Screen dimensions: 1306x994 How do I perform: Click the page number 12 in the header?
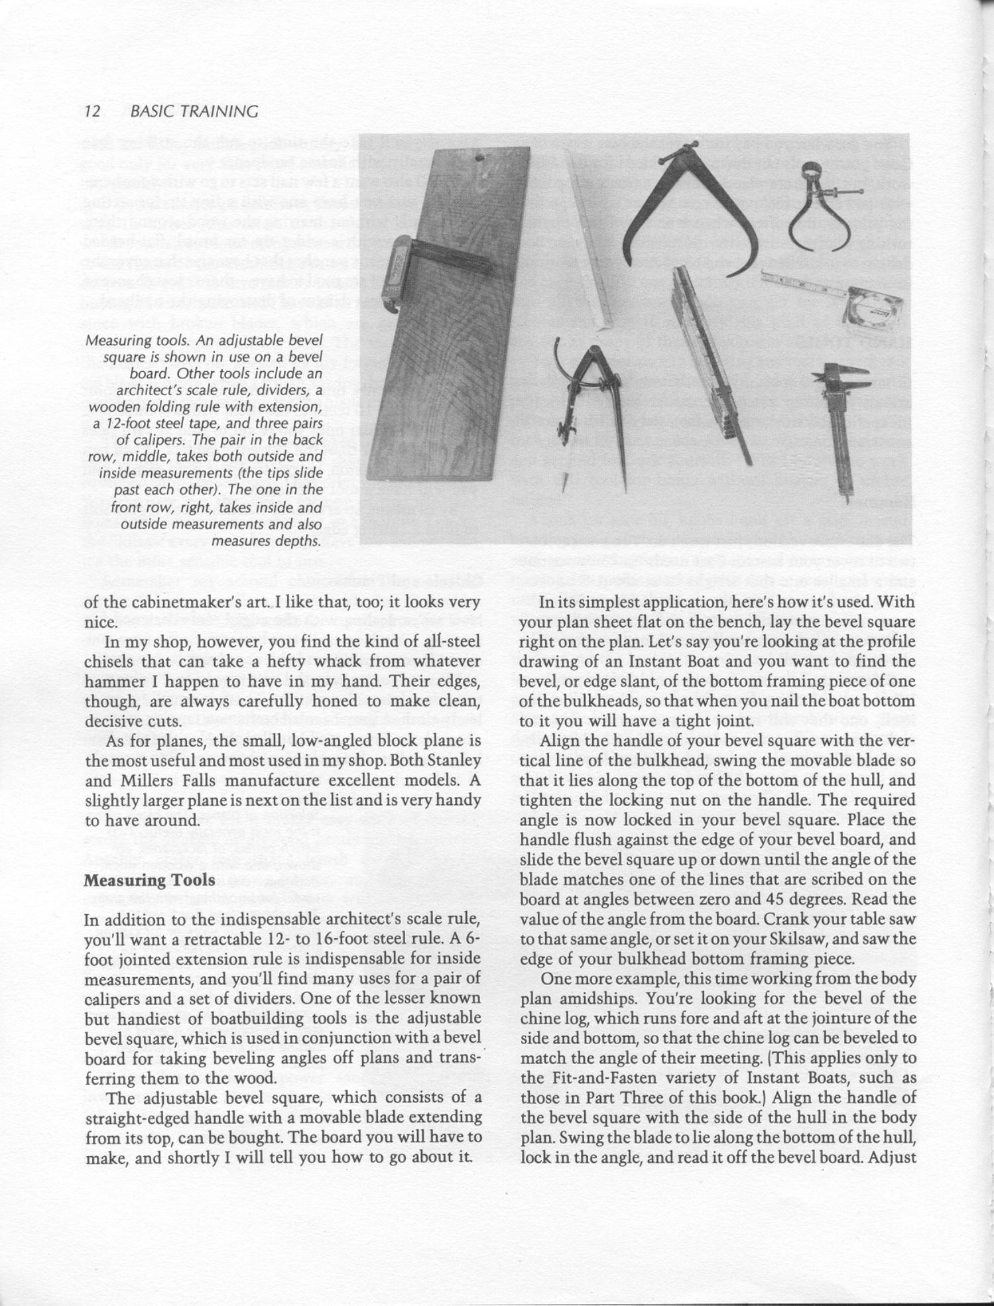pyautogui.click(x=92, y=111)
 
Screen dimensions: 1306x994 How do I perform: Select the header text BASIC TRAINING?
pyautogui.click(x=194, y=111)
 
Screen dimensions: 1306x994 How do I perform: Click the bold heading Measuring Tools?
pyautogui.click(x=149, y=880)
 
